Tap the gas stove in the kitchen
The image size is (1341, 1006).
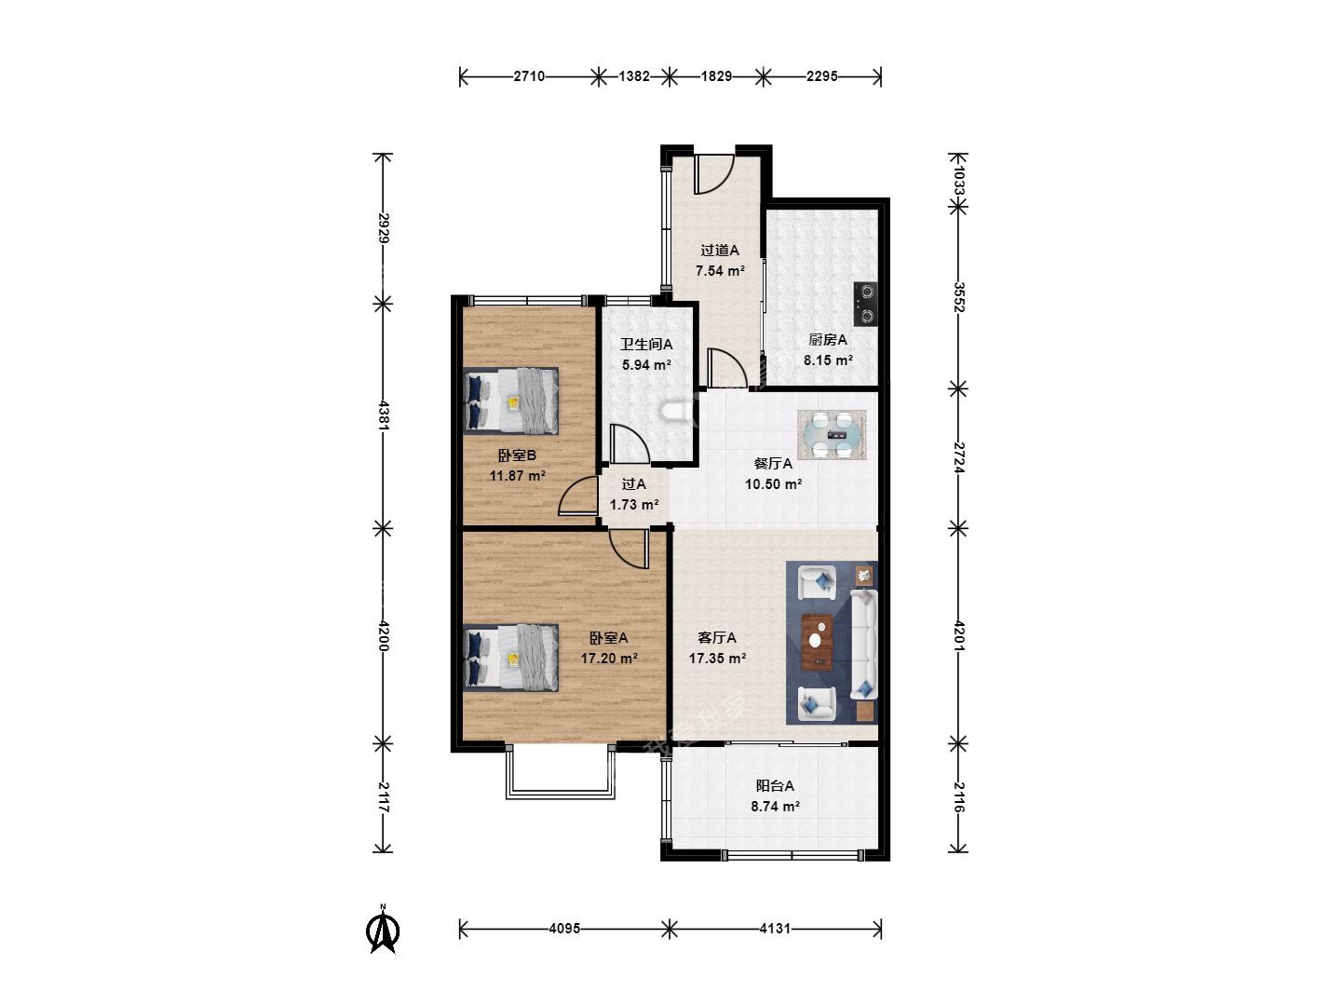(x=866, y=304)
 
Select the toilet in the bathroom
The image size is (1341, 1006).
(x=676, y=411)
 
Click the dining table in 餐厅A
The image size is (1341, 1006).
(x=832, y=435)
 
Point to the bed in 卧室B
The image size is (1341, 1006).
(x=510, y=401)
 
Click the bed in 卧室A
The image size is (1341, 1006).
(x=510, y=658)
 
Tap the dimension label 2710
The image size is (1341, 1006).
(x=528, y=76)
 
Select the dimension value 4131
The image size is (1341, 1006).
(x=775, y=929)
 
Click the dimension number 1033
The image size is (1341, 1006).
(x=958, y=180)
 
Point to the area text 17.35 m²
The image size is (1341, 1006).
(x=717, y=659)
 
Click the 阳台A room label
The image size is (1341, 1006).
(x=775, y=786)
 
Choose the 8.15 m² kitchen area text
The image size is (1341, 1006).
(x=828, y=360)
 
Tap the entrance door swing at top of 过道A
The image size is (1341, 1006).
(x=713, y=175)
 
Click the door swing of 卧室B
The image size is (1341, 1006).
(x=578, y=496)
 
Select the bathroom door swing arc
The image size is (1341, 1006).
(x=630, y=443)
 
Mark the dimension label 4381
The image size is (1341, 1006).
(x=384, y=415)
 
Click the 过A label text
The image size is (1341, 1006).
(x=633, y=484)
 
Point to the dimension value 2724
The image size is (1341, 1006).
(x=958, y=457)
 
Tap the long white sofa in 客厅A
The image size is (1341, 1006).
(x=864, y=645)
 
